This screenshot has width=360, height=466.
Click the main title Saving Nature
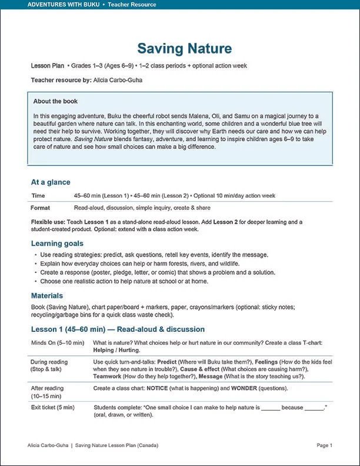click(x=185, y=48)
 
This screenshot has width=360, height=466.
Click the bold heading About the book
click(x=55, y=101)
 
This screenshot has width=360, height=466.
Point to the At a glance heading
click(x=51, y=182)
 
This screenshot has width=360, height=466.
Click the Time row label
click(x=38, y=195)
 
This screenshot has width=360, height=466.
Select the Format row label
click(x=40, y=208)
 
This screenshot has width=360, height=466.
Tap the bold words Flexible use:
click(x=48, y=222)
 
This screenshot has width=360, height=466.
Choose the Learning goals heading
click(x=57, y=243)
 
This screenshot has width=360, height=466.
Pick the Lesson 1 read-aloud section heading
click(x=118, y=329)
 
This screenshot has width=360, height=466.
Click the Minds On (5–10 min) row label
click(x=58, y=342)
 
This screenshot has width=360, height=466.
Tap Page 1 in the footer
click(x=324, y=445)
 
